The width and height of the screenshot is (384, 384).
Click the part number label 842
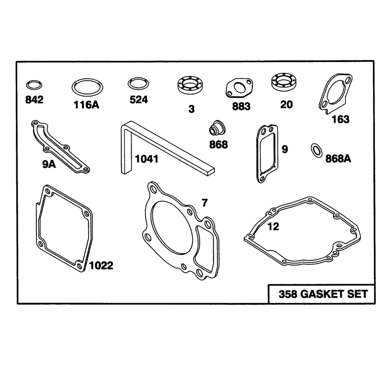(34, 100)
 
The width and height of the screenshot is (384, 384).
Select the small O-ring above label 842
(34, 82)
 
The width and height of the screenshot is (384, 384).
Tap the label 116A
(86, 105)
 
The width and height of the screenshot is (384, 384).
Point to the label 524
(139, 100)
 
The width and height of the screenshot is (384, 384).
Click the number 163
(340, 120)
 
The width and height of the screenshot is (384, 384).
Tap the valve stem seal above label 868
(217, 127)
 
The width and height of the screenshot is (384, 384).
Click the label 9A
(49, 164)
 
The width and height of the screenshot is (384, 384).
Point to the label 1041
(146, 159)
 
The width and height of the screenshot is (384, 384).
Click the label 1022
(101, 265)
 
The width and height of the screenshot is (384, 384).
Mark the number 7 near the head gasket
(204, 203)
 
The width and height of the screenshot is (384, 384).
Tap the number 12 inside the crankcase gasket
(273, 227)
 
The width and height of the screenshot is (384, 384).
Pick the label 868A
(338, 159)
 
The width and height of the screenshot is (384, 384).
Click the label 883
(241, 106)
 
